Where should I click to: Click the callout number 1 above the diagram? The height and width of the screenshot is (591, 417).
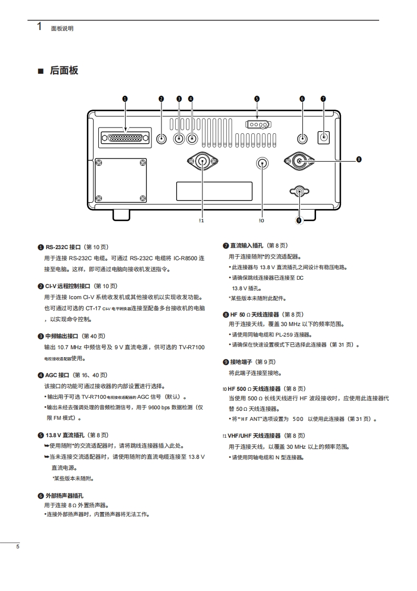(125, 98)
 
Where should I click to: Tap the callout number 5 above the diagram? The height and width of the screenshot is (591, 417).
(257, 98)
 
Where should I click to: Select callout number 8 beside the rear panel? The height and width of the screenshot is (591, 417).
(358, 159)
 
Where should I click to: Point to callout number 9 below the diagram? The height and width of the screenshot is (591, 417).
(299, 221)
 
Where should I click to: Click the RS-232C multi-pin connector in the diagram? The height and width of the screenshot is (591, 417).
(125, 138)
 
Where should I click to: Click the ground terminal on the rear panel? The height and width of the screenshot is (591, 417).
(300, 192)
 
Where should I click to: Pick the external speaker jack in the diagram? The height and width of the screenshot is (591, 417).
(302, 139)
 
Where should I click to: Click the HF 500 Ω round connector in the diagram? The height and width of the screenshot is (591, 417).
(262, 163)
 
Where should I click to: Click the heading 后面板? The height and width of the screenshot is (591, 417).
(64, 71)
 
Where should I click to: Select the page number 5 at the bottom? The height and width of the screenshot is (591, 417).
(17, 547)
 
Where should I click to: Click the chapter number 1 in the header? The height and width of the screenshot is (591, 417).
(39, 27)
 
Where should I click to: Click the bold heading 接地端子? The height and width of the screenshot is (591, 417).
(242, 362)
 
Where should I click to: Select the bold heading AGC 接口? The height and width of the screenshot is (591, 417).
(57, 375)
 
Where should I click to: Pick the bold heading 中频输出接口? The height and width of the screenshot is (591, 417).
(62, 336)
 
